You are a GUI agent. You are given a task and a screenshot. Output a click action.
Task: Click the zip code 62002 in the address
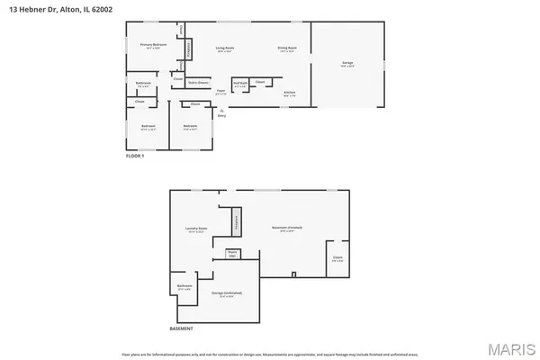[x=85, y=7]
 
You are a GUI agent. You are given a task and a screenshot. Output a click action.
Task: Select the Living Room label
[x=224, y=48]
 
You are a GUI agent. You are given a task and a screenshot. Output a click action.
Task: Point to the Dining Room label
[x=287, y=48]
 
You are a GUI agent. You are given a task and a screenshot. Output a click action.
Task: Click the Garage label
[x=346, y=63]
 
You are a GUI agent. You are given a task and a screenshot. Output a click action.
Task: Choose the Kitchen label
[x=290, y=93]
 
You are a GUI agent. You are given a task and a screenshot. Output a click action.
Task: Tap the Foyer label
[x=220, y=91]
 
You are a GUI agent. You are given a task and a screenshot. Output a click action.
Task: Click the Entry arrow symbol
[x=221, y=111]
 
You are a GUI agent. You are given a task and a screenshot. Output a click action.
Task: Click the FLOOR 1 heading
[x=134, y=156]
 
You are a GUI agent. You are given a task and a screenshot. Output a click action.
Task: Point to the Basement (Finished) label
[x=287, y=229]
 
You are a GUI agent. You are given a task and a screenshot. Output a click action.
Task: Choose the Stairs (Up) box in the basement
[x=231, y=255]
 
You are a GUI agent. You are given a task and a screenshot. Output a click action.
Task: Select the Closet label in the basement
[x=337, y=258]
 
